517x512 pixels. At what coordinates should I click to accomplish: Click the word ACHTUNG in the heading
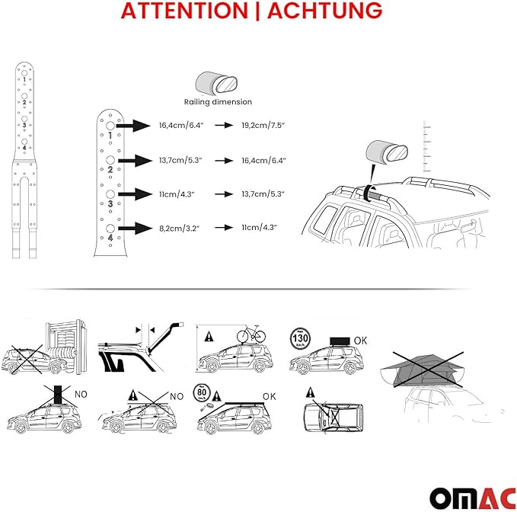(324, 11)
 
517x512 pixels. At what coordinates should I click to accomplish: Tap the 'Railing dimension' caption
(217, 101)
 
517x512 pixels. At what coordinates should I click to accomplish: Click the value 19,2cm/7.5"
(263, 124)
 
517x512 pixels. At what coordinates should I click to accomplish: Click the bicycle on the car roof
(250, 335)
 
